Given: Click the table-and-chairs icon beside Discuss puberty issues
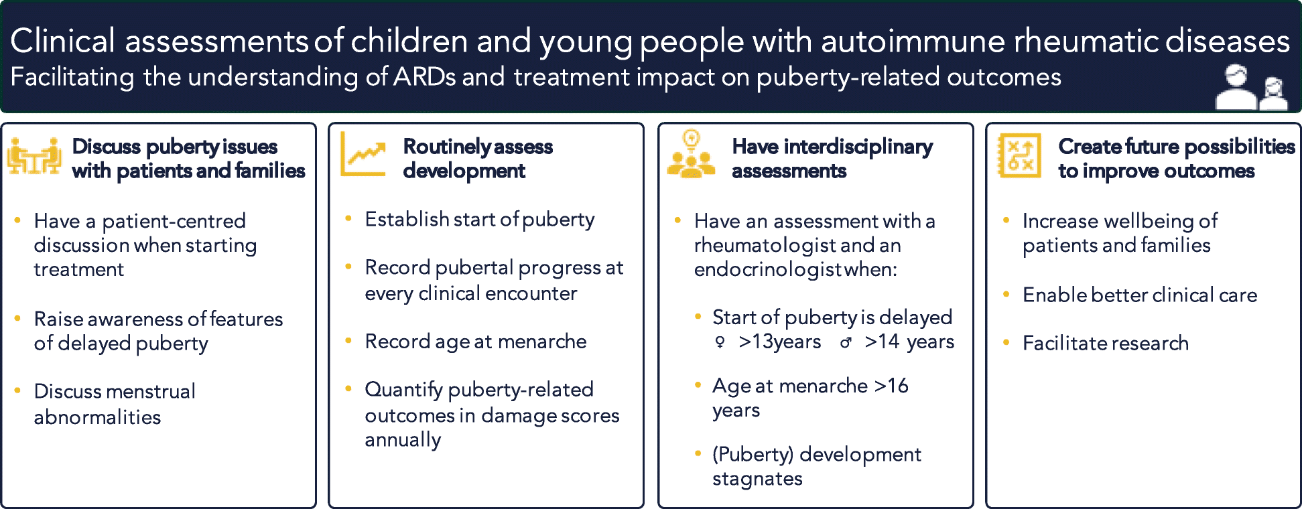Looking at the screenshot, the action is [x=34, y=157].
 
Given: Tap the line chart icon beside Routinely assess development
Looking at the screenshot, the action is [x=363, y=155].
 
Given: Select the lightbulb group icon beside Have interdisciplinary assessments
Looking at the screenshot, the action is [x=691, y=155].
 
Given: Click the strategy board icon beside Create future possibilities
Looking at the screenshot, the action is [x=1019, y=155].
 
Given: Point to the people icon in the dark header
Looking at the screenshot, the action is [x=1251, y=88].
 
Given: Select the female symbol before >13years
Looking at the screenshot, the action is [x=720, y=342].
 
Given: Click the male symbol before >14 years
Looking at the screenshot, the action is [x=846, y=342].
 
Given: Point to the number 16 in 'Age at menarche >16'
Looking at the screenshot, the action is [x=898, y=386].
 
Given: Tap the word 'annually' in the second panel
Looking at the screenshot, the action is [x=403, y=441].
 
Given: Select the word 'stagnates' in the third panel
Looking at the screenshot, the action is [x=757, y=479].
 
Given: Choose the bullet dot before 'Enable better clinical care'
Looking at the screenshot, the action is [x=1006, y=294].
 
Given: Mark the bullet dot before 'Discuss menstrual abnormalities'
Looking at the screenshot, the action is [x=17, y=390].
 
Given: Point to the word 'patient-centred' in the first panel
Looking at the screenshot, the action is [x=174, y=221].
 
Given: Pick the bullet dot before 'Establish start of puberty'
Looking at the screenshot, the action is [x=348, y=218].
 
